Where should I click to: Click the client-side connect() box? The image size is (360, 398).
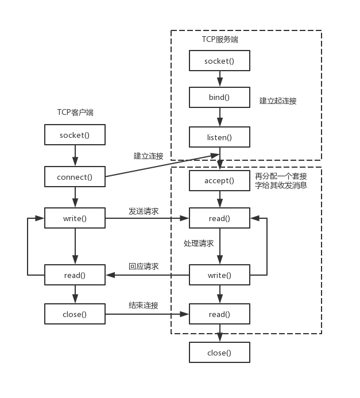[75, 177]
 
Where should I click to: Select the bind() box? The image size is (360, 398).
[219, 97]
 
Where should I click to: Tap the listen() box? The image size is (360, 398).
[219, 137]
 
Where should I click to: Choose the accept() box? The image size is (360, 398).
[219, 180]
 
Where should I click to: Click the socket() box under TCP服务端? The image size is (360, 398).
[219, 61]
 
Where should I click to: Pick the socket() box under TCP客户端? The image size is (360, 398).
[75, 135]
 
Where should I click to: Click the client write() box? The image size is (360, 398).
[75, 218]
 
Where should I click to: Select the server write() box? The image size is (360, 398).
[219, 275]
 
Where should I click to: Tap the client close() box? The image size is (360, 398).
[75, 314]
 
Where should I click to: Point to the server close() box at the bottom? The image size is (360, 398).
[219, 353]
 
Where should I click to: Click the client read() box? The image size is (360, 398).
[75, 275]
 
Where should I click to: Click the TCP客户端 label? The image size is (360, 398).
[75, 113]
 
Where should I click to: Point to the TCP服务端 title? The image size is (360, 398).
[220, 39]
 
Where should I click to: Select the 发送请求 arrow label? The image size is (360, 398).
[144, 211]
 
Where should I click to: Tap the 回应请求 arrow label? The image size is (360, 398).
[144, 266]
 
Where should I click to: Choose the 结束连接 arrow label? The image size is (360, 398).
[144, 305]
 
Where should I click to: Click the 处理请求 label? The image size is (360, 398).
[199, 244]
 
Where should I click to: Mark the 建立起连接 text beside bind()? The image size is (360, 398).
[278, 101]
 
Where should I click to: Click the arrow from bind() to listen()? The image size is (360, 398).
[219, 117]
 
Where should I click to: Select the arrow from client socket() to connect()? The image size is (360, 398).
[75, 156]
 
